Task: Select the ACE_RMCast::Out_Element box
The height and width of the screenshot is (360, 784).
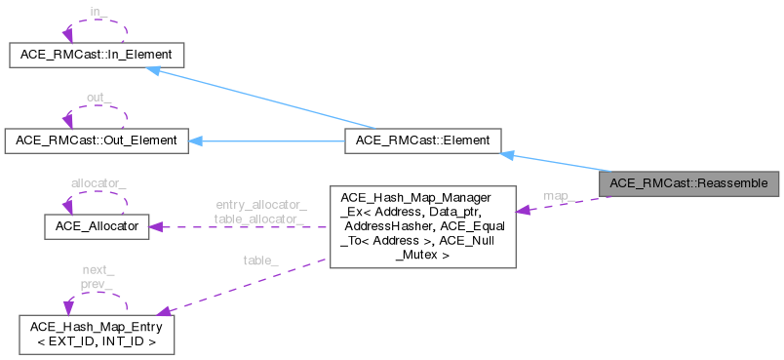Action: click(92, 140)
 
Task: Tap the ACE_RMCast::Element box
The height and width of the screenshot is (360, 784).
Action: click(422, 140)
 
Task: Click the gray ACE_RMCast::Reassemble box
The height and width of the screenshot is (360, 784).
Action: click(688, 182)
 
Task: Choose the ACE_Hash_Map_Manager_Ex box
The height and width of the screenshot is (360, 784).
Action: click(422, 225)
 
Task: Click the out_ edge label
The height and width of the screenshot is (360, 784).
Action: click(95, 97)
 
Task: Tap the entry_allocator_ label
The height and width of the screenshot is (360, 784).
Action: click(259, 204)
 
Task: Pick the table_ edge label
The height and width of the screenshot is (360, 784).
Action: click(260, 260)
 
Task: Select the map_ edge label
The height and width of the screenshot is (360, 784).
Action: click(557, 196)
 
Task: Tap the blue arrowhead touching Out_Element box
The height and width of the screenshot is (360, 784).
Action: click(195, 140)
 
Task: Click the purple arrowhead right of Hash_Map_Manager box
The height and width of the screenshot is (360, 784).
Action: click(524, 210)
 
